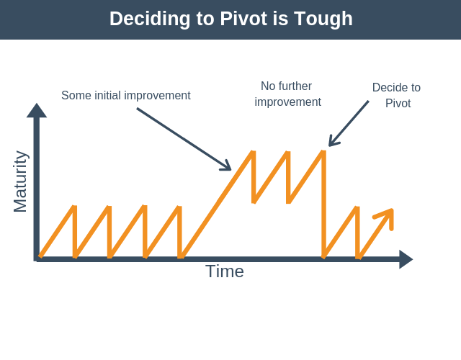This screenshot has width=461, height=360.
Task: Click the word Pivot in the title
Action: pyautogui.click(x=243, y=19)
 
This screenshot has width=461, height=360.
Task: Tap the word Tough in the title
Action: pyautogui.click(x=323, y=19)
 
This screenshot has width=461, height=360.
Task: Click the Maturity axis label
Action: pyautogui.click(x=21, y=181)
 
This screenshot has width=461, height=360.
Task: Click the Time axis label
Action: pyautogui.click(x=225, y=271)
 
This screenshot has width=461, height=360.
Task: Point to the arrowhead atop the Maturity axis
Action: pyautogui.click(x=37, y=110)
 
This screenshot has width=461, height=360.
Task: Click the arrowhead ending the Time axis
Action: pyautogui.click(x=406, y=259)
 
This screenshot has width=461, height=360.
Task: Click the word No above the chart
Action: pyautogui.click(x=268, y=86)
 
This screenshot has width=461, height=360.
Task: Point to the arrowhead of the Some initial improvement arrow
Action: pyautogui.click(x=227, y=166)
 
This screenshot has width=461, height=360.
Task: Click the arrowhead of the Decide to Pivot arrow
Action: pyautogui.click(x=333, y=141)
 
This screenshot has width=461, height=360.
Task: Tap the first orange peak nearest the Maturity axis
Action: pyautogui.click(x=75, y=207)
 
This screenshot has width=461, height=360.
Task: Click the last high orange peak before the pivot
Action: pyautogui.click(x=323, y=152)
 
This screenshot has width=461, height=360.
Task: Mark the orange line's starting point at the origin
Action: pyautogui.click(x=40, y=256)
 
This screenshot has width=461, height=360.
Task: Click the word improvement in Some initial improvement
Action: pyautogui.click(x=157, y=96)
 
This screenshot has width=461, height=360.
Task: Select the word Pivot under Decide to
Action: pyautogui.click(x=398, y=104)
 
